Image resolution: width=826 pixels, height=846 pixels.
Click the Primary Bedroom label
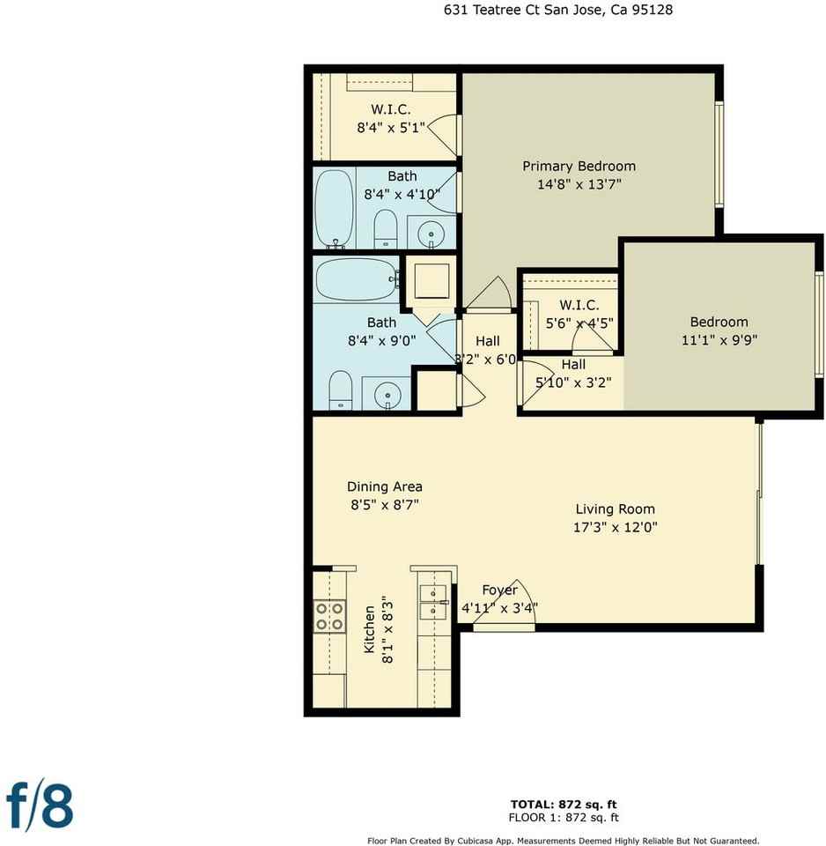tap(579, 167)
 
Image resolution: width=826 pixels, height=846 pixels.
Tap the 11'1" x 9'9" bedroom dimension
tap(719, 340)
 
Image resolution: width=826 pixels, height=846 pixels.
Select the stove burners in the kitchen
tap(329, 616)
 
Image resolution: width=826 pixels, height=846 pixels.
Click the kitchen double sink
tap(434, 602)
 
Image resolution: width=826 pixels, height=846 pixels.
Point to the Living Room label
tap(616, 508)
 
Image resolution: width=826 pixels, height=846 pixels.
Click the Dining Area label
tap(385, 486)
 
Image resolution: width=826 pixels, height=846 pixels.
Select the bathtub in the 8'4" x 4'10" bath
tap(335, 209)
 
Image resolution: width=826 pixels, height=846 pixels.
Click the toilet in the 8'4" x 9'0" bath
tap(340, 390)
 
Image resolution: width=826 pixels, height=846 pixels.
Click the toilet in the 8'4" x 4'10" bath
tap(386, 229)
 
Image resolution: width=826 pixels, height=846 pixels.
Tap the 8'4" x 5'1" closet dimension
tap(391, 128)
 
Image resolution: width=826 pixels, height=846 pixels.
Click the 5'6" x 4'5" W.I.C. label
tap(579, 305)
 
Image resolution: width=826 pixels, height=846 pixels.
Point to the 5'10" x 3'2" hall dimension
tap(573, 382)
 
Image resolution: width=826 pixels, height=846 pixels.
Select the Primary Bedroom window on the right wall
tap(719, 153)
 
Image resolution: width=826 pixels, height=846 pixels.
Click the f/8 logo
tap(40, 806)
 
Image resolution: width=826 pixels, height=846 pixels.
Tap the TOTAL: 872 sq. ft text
tap(564, 805)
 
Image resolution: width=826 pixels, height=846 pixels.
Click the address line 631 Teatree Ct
tap(490, 10)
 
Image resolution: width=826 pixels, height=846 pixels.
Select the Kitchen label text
tap(369, 629)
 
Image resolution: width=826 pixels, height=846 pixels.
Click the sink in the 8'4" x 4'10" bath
tap(431, 234)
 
